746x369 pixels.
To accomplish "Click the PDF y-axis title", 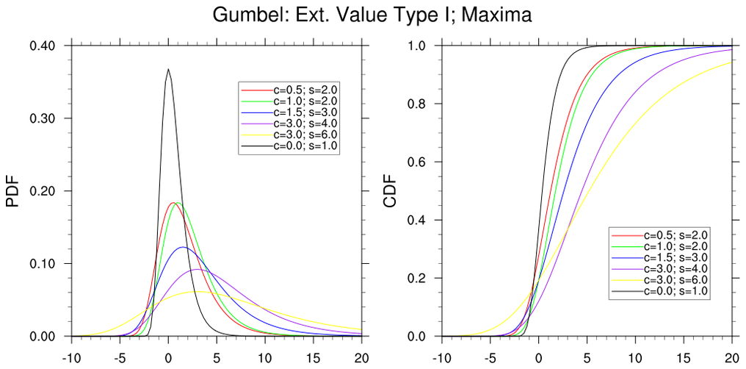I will pyautogui.click(x=12, y=191).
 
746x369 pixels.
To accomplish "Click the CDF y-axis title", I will pyautogui.click(x=390, y=191).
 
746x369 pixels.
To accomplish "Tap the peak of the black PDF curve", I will pyautogui.click(x=168, y=69).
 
